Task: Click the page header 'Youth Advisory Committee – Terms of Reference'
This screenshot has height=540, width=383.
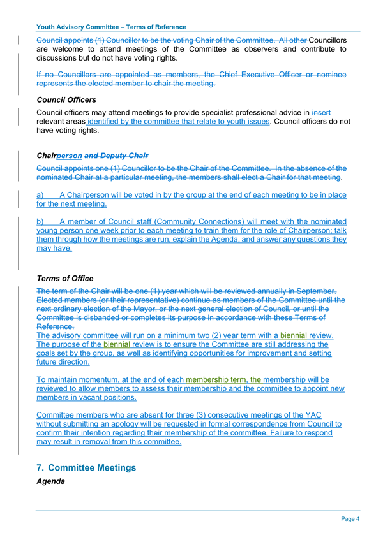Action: [x=112, y=27]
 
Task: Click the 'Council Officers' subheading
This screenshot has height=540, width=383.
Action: [x=66, y=100]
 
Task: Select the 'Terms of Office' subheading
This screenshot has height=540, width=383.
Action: [x=65, y=279]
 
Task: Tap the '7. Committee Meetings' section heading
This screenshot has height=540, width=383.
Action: [x=86, y=467]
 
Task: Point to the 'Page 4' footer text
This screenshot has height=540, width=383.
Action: [x=350, y=519]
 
